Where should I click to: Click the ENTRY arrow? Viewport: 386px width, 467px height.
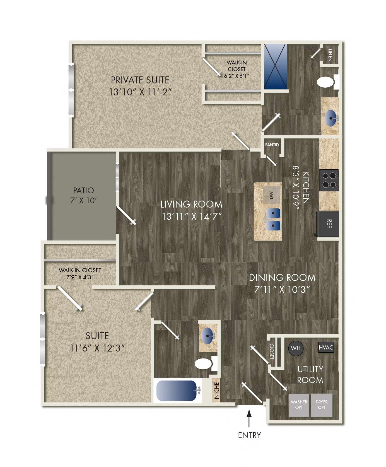click(249, 418)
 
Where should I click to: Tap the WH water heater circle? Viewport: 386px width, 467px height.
click(296, 348)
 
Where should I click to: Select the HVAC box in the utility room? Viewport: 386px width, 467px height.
click(326, 348)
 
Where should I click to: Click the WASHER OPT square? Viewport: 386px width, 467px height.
click(299, 405)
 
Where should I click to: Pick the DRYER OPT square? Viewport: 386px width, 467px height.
click(322, 405)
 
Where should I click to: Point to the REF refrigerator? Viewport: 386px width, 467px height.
click(329, 224)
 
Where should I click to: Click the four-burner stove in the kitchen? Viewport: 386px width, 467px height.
click(329, 180)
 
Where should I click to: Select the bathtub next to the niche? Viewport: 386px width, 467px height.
click(177, 391)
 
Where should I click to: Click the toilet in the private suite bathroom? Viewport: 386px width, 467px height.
click(326, 82)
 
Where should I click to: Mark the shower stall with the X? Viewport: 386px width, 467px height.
click(275, 66)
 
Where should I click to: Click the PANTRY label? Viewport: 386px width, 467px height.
click(272, 145)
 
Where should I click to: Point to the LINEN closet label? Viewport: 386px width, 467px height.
click(330, 55)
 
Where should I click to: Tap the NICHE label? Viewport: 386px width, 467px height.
click(217, 390)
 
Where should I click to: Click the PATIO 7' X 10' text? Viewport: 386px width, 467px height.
click(83, 195)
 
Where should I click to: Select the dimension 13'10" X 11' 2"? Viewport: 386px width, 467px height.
click(140, 92)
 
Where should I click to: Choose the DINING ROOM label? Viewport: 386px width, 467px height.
click(282, 278)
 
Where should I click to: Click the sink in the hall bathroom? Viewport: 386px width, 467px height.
click(208, 335)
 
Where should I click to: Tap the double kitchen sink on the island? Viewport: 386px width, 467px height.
click(273, 219)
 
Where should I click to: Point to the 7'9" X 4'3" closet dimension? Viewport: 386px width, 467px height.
click(80, 277)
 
